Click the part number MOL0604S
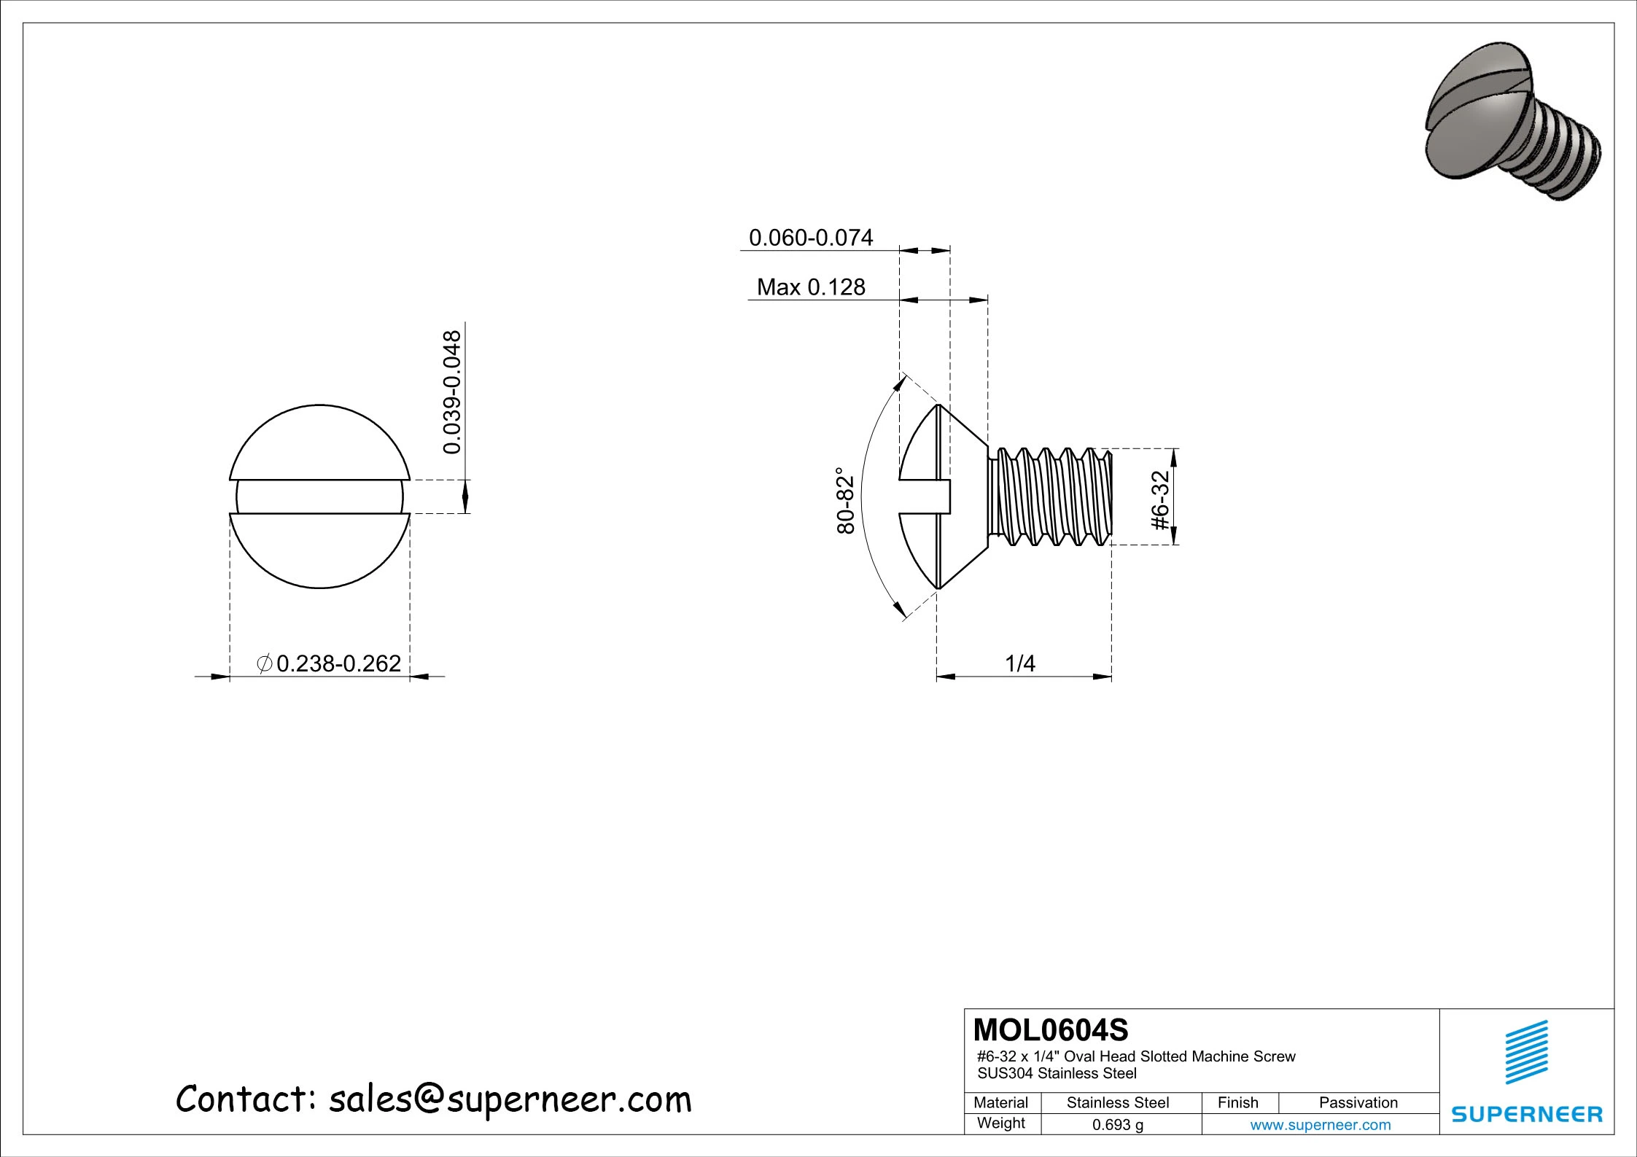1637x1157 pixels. pos(1051,1030)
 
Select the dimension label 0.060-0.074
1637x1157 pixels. pos(811,238)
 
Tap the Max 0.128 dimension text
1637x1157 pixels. pos(811,287)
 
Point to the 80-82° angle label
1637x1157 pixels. pos(845,501)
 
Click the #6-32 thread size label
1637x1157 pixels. pos(1160,501)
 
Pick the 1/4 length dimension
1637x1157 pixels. pos(1020,663)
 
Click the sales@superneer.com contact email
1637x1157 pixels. pos(510,1099)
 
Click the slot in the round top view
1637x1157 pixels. pos(319,496)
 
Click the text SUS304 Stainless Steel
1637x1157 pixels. pos(1057,1073)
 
